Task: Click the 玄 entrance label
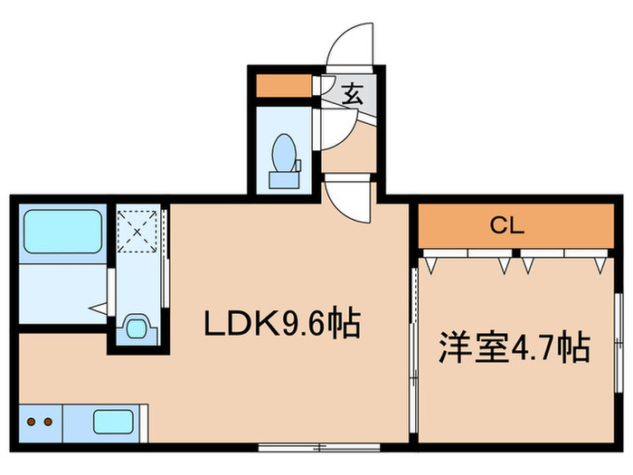click(353, 91)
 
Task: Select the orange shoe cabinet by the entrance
click(282, 87)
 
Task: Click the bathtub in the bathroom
click(62, 232)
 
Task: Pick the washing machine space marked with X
click(137, 232)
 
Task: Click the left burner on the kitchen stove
click(28, 421)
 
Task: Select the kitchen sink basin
click(114, 422)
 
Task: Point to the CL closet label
click(507, 226)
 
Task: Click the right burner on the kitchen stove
click(44, 421)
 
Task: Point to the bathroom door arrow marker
click(96, 309)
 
